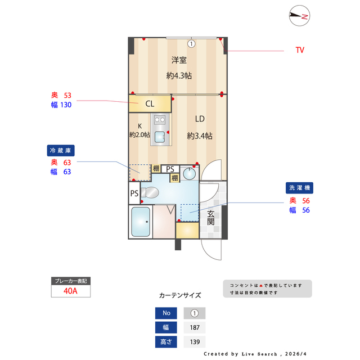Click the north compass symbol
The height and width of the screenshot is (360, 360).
300,16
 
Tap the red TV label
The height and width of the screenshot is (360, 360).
300,50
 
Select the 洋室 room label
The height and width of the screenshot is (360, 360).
179,60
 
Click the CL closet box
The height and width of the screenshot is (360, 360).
150,103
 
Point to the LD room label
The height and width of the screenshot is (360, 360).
200,119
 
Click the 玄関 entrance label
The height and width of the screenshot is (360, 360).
210,218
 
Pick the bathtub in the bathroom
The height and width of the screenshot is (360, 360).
140,222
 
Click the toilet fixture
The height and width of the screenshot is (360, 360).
150,192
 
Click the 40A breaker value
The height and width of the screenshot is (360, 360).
70,291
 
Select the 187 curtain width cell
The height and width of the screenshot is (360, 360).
195,328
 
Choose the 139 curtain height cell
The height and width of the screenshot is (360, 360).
195,342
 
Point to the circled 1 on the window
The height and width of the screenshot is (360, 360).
191,43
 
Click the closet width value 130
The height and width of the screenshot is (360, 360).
65,104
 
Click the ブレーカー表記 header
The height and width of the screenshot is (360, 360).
70,280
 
